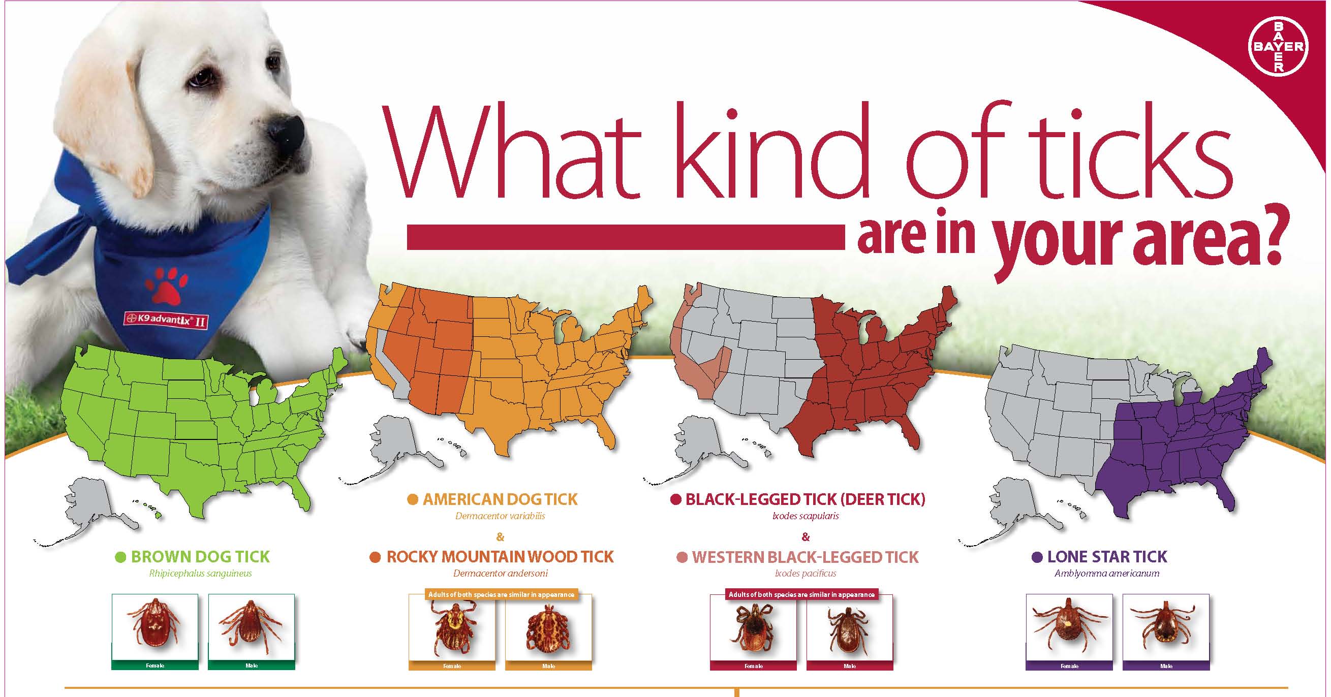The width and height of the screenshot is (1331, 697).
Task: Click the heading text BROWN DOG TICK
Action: coord(200,556)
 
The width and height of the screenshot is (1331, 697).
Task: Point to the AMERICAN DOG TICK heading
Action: coord(500,499)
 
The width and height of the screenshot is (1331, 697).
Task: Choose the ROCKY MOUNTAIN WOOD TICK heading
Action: coord(500,556)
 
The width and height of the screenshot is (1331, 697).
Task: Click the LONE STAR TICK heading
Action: coord(1107,556)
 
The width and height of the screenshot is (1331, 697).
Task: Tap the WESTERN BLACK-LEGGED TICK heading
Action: coord(805,557)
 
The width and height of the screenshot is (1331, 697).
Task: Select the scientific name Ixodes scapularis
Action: coord(806,516)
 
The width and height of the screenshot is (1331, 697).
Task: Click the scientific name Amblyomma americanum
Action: coord(1107,573)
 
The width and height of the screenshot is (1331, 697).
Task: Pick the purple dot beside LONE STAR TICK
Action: coord(1036,557)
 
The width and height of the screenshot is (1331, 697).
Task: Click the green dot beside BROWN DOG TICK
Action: coord(120,557)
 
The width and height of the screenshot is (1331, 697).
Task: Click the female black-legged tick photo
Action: coord(753,628)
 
